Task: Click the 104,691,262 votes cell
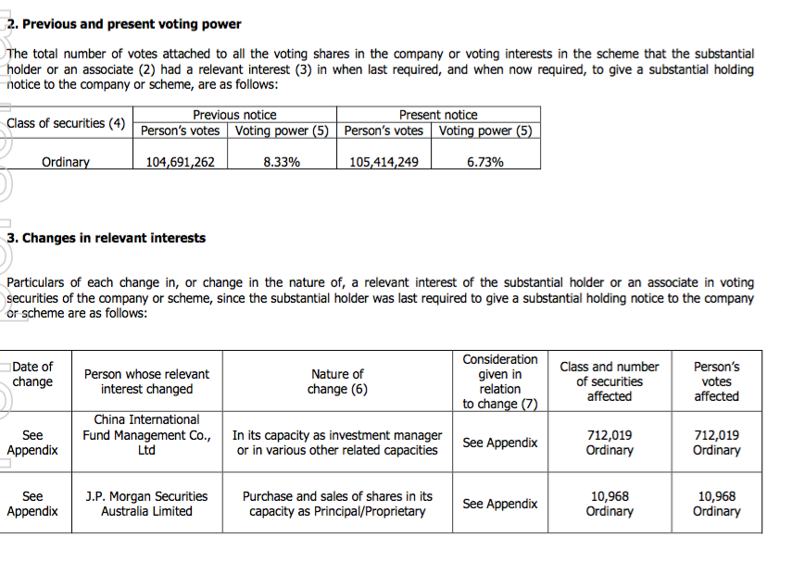tap(181, 162)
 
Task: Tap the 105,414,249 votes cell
tap(383, 162)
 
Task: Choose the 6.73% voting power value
tap(485, 162)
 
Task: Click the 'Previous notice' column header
tap(234, 115)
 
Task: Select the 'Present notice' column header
tap(438, 115)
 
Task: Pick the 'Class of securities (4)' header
tap(66, 123)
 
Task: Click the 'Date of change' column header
tap(33, 374)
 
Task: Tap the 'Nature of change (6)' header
tap(337, 381)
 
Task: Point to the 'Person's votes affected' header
tap(716, 381)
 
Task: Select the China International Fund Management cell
tap(146, 435)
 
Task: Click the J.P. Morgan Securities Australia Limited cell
tap(146, 504)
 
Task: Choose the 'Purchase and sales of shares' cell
tap(337, 504)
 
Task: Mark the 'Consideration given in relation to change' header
tap(500, 381)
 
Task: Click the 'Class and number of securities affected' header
tap(610, 381)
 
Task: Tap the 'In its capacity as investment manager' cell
tap(337, 443)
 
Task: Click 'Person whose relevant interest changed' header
tap(146, 381)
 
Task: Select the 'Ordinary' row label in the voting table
tap(66, 162)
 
